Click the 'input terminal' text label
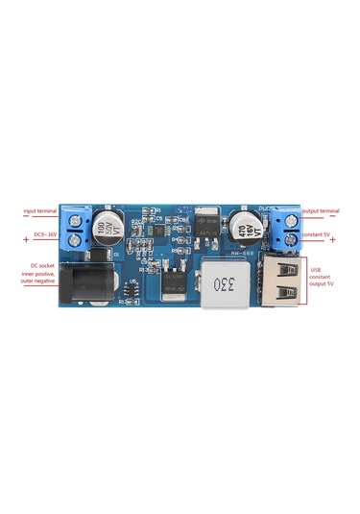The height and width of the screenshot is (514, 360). pyautogui.click(x=40, y=210)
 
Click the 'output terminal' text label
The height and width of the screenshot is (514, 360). pyautogui.click(x=321, y=210)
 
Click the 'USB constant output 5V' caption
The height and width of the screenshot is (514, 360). pyautogui.click(x=324, y=277)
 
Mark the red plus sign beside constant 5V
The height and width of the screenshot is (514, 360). pyautogui.click(x=333, y=238)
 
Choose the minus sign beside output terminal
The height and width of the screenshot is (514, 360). pyautogui.click(x=332, y=216)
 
